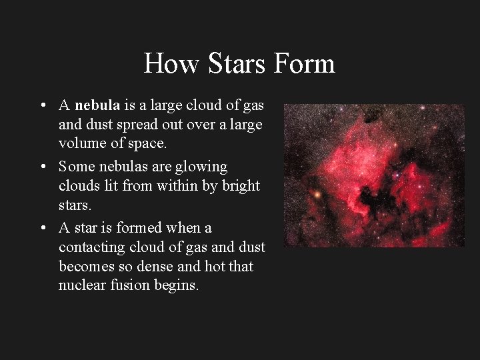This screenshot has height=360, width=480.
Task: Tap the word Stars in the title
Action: [227, 64]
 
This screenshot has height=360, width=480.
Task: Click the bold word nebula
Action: [97, 105]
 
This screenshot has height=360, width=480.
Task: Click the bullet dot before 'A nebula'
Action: [42, 105]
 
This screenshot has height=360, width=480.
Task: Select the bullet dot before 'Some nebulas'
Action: [42, 167]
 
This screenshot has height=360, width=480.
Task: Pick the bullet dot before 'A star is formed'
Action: [42, 228]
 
